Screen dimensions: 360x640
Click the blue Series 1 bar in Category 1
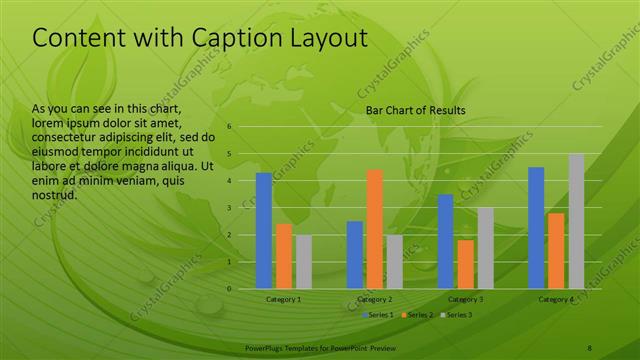pyautogui.click(x=264, y=231)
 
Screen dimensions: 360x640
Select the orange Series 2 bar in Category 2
pyautogui.click(x=374, y=229)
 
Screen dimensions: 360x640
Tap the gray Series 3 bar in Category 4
pyautogui.click(x=576, y=221)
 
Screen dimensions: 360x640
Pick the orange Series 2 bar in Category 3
pyautogui.click(x=465, y=264)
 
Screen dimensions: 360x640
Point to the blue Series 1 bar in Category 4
pyautogui.click(x=536, y=228)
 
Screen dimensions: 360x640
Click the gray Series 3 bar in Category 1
pyautogui.click(x=303, y=262)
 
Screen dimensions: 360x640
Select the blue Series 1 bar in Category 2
pyautogui.click(x=355, y=255)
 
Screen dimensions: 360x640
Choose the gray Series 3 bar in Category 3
pyautogui.click(x=485, y=248)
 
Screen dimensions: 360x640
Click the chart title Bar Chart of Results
pyautogui.click(x=415, y=110)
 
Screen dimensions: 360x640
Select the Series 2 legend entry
pyautogui.click(x=418, y=315)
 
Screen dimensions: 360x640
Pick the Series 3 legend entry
pyautogui.click(x=456, y=315)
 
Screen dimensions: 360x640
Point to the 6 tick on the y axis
pyautogui.click(x=229, y=127)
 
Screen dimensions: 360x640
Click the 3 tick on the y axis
pyautogui.click(x=229, y=208)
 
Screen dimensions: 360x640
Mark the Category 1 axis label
pyautogui.click(x=283, y=299)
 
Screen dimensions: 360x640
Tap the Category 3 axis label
pyautogui.click(x=465, y=299)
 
